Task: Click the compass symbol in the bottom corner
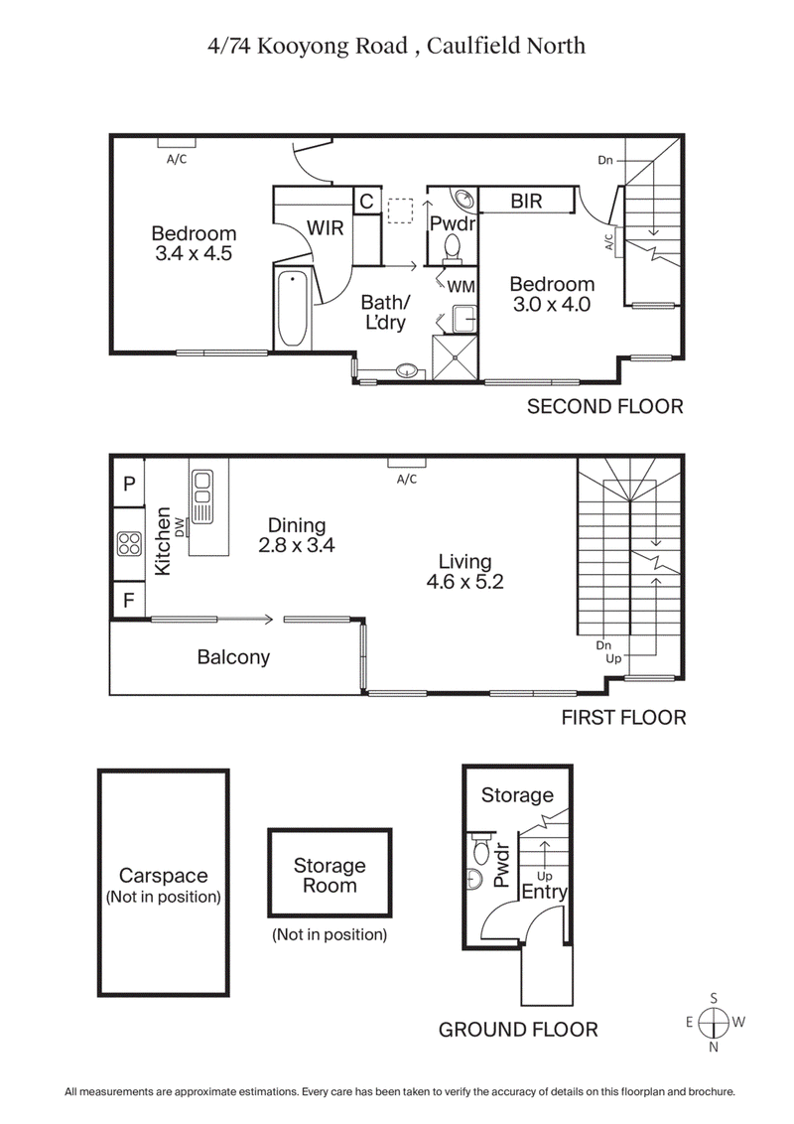(714, 1022)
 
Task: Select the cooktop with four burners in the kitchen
(129, 543)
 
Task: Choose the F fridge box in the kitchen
(128, 600)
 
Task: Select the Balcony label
(233, 657)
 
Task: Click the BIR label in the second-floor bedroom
(526, 202)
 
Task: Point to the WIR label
(325, 228)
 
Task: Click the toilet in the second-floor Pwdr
(453, 247)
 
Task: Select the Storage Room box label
(329, 876)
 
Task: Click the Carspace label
(163, 876)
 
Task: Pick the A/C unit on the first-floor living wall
(407, 463)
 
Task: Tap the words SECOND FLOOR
(604, 406)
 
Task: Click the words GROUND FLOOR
(518, 1030)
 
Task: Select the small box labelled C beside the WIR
(366, 202)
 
